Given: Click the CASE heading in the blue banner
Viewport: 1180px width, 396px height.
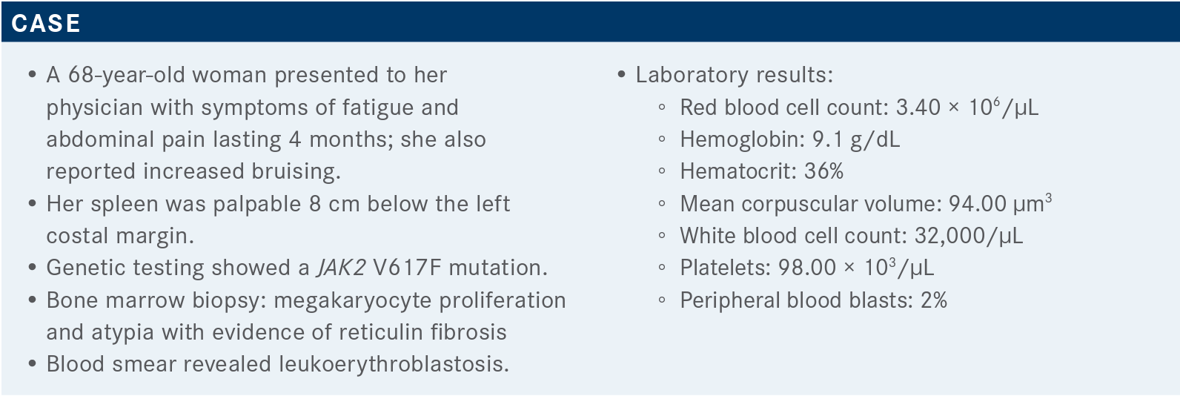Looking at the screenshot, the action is (46, 23).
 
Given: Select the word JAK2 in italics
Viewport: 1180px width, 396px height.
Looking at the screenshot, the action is (341, 268).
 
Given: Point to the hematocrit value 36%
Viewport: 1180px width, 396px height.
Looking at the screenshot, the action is (824, 171).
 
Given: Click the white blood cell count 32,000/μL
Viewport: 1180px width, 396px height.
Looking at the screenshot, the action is (969, 236).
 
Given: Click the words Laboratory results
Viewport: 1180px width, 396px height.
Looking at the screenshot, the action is (735, 76).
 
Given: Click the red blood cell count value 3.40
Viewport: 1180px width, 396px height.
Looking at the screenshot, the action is (918, 108).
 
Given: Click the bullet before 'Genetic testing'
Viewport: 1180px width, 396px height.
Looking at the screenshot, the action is (33, 268).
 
